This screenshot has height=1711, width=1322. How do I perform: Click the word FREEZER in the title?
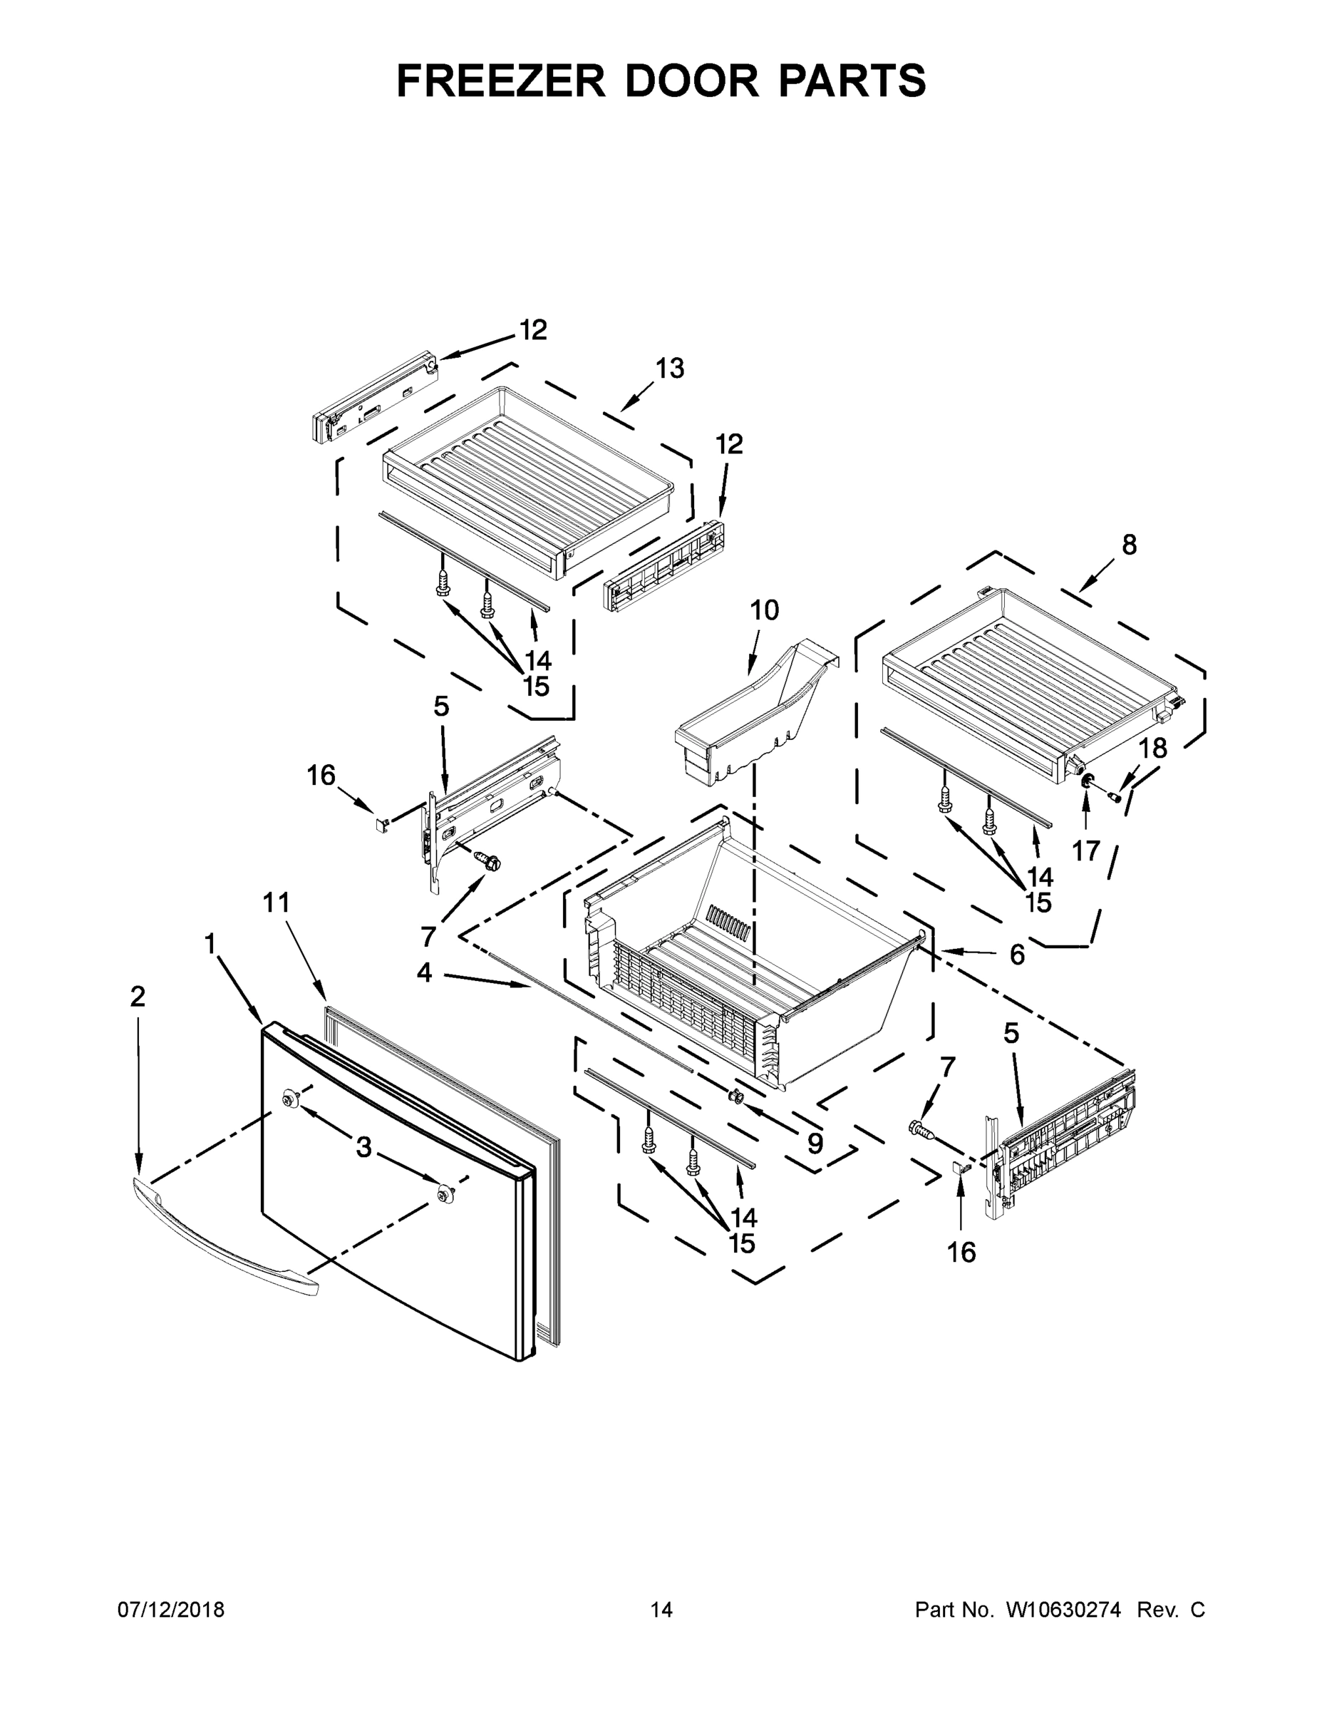[x=501, y=81]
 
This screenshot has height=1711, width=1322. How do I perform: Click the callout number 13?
[x=670, y=367]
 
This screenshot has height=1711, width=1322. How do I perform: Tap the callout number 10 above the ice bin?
[x=765, y=610]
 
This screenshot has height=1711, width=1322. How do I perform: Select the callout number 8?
[x=1129, y=545]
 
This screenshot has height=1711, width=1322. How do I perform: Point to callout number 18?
[x=1152, y=748]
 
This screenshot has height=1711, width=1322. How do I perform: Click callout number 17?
[x=1086, y=850]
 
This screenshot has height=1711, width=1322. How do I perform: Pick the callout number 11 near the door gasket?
[x=276, y=903]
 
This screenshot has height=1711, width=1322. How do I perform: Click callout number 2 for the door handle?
[x=137, y=997]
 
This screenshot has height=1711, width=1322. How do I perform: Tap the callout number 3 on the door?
[x=363, y=1148]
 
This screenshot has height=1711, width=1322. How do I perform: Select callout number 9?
[x=815, y=1144]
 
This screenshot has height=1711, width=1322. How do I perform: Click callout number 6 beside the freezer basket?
[x=1016, y=954]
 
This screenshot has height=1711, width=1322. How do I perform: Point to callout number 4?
[x=424, y=972]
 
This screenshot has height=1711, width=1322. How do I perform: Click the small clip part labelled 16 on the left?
[x=380, y=824]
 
